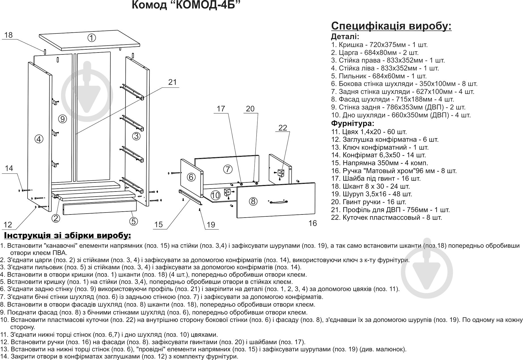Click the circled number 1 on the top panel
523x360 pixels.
[91, 38]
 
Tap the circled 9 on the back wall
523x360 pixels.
[63, 119]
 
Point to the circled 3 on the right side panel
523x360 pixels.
[136, 136]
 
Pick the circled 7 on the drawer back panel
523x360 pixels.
[228, 169]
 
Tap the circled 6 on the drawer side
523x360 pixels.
[191, 177]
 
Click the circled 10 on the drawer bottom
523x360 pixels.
[215, 195]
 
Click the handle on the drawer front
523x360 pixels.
[278, 202]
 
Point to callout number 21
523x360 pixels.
[172, 82]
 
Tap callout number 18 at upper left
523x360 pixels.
[9, 35]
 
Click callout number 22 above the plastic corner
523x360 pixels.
[283, 128]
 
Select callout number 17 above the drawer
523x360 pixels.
[221, 109]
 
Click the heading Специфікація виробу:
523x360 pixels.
[391, 26]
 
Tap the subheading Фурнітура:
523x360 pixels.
[353, 123]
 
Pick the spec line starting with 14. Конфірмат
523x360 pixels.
[378, 155]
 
